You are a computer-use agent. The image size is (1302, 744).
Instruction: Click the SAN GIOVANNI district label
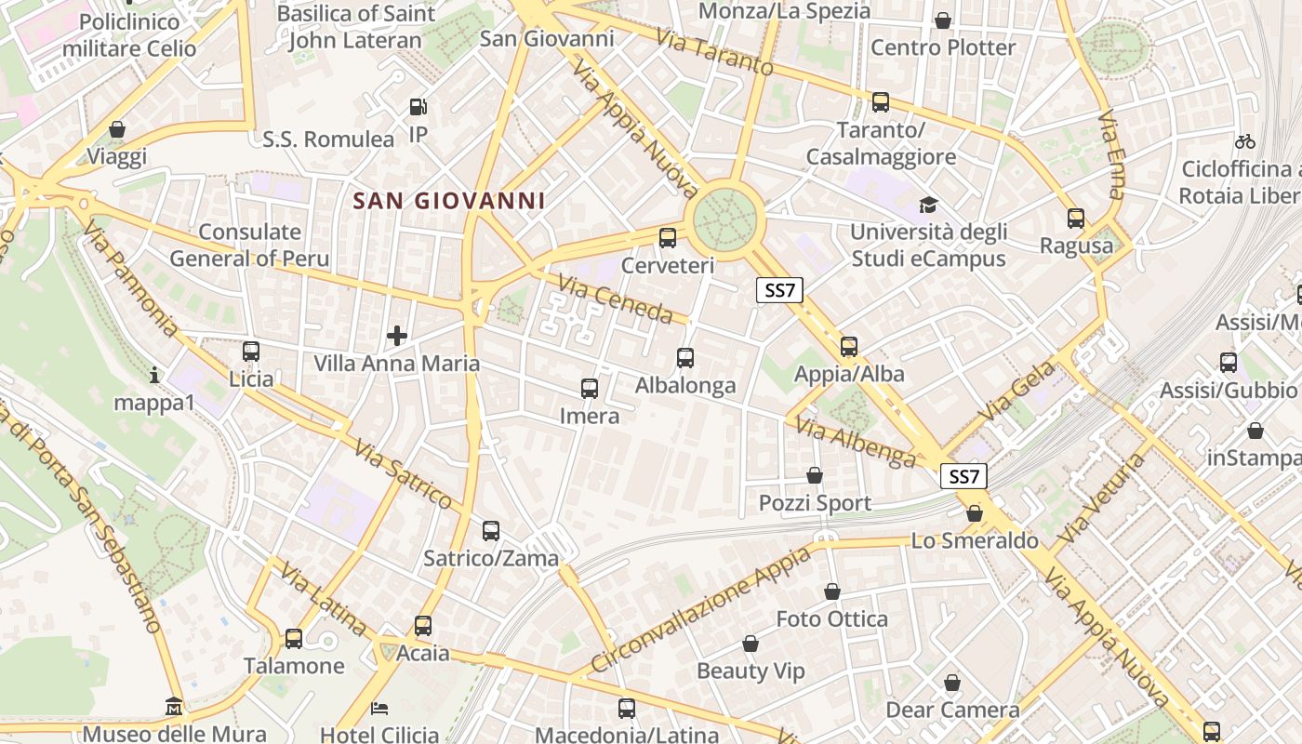point(449,201)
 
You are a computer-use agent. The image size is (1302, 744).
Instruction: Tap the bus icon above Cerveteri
point(668,237)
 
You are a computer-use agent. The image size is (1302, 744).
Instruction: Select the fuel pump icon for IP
point(418,108)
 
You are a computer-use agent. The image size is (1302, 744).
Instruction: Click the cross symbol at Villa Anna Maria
point(397,335)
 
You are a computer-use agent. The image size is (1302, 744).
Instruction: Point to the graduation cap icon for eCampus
point(928,205)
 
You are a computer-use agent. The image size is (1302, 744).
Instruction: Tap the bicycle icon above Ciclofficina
point(1245,141)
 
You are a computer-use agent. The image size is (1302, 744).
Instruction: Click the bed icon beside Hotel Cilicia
point(379,709)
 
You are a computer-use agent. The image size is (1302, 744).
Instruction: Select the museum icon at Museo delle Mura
point(174,707)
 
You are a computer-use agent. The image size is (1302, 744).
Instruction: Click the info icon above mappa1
point(154,375)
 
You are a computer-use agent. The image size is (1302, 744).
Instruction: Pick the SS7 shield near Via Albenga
point(963,477)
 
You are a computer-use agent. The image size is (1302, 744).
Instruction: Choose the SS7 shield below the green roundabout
point(778,290)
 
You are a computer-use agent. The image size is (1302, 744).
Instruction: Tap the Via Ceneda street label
point(615,298)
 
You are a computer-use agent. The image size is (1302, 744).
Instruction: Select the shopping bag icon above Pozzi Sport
point(815,475)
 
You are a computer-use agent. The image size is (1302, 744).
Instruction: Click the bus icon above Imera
point(590,388)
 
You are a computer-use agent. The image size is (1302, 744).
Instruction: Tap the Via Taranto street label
point(714,52)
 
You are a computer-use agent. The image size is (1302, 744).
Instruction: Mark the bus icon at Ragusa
point(1076,219)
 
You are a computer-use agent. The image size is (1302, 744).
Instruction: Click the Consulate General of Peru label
point(236,245)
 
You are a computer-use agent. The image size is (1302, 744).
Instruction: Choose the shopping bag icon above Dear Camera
point(952,683)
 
